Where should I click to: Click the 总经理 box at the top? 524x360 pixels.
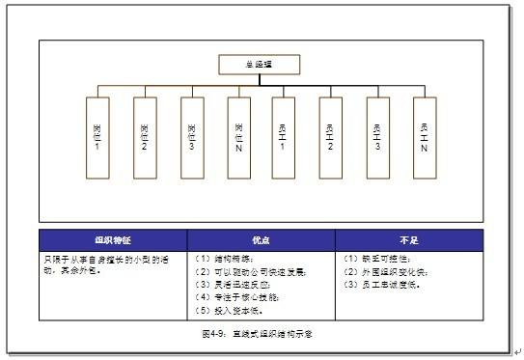point(260,65)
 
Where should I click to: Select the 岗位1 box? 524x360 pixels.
point(97,137)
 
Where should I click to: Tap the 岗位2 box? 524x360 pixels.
point(145,137)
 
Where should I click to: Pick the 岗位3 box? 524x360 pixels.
point(192,137)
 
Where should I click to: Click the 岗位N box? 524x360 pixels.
point(239,137)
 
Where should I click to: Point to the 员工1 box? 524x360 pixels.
point(284,137)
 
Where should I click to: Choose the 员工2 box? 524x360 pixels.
point(331,137)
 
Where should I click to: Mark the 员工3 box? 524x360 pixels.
point(377,137)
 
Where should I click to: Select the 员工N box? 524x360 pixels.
point(425,137)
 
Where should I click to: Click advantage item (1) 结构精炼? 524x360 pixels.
point(225,259)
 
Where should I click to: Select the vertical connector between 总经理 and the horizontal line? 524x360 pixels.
point(260,81)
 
